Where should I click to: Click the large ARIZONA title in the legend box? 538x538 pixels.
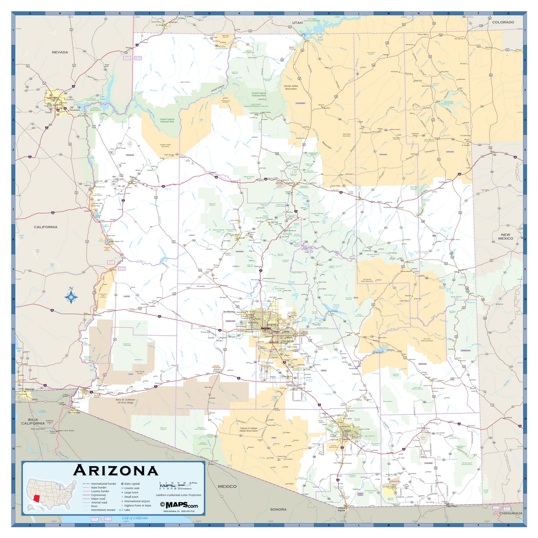click(115, 470)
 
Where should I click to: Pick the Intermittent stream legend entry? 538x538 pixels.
click(103, 510)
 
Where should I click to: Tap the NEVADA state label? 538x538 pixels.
click(60, 52)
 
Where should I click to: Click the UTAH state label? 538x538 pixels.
click(297, 23)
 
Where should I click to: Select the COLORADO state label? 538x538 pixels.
click(503, 22)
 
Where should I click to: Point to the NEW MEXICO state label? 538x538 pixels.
click(505, 236)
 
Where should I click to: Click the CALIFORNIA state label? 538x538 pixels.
click(46, 227)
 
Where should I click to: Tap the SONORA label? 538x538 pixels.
click(278, 509)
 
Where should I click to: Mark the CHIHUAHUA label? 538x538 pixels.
click(511, 513)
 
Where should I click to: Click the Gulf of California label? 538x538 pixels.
click(135, 518)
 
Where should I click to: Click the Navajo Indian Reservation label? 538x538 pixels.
click(291, 87)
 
